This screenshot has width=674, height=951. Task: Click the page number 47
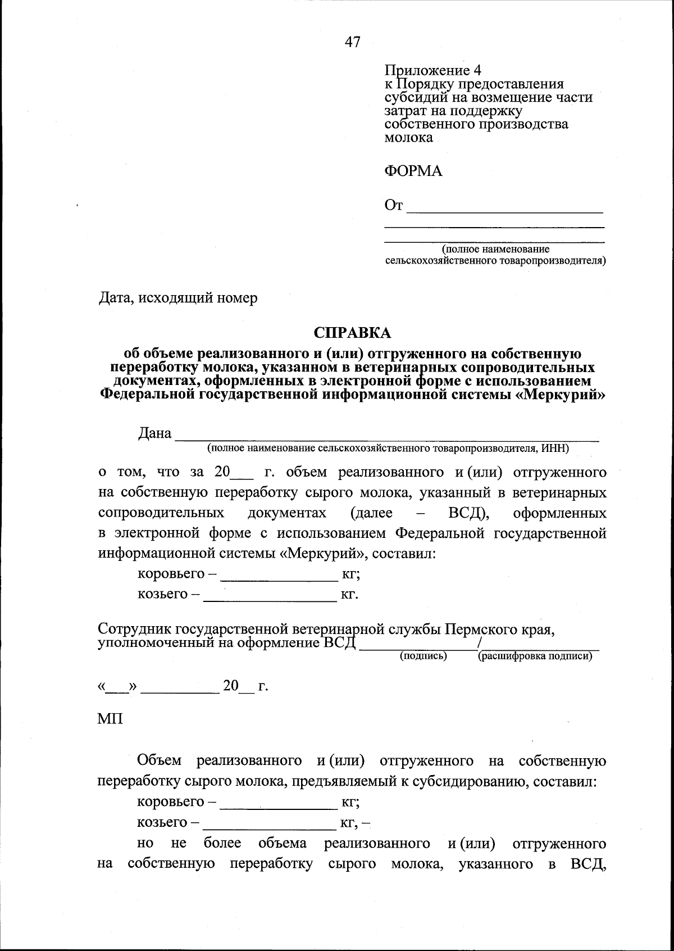(x=353, y=42)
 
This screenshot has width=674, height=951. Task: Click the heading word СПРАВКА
(x=352, y=333)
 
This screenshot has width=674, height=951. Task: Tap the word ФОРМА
(x=413, y=171)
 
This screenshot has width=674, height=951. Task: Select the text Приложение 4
(x=432, y=70)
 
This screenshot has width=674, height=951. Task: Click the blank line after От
(x=504, y=211)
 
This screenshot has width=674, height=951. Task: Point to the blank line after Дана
(x=388, y=439)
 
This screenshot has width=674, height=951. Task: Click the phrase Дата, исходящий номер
(x=178, y=297)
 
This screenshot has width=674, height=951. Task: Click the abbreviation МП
(x=110, y=719)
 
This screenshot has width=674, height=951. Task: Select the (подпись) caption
(x=423, y=656)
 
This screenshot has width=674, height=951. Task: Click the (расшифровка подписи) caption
(x=535, y=656)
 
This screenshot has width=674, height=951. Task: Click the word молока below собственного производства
(x=408, y=138)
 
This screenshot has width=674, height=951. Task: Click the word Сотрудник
(x=134, y=628)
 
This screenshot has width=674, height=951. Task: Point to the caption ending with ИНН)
(x=388, y=449)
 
